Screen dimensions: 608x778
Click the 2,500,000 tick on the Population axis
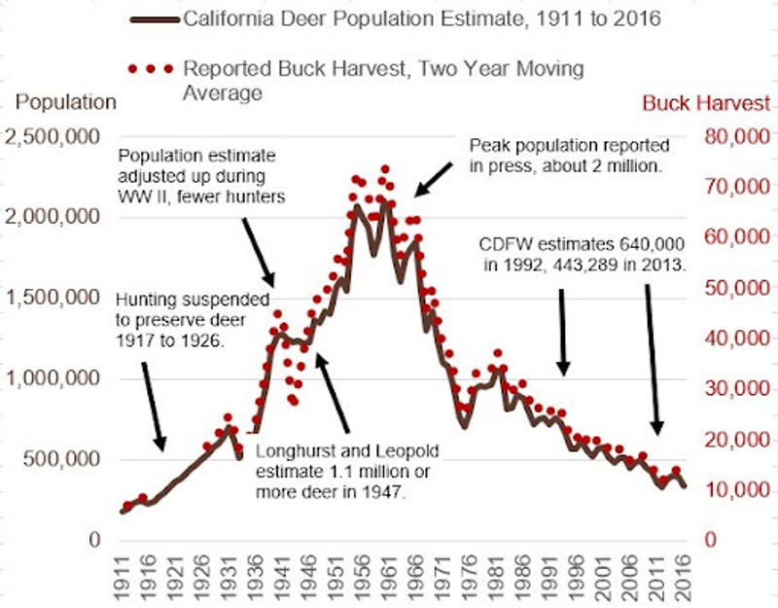[56, 135]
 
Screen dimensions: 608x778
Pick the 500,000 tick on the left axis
[64, 458]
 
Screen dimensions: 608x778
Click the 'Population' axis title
[67, 102]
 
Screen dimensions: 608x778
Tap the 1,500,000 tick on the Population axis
[56, 297]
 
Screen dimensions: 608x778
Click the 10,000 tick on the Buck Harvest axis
[738, 489]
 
